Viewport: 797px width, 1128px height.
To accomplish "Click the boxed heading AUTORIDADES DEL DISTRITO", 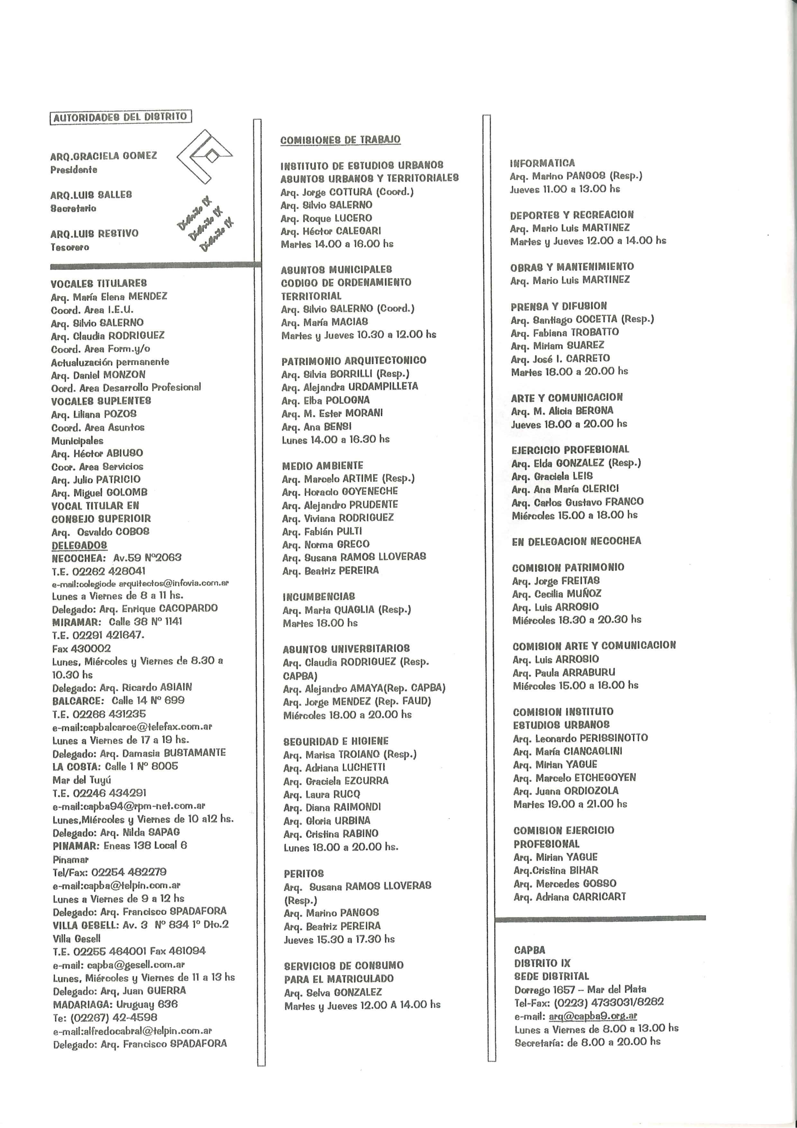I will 120,117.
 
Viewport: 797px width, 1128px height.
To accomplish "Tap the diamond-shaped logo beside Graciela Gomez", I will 205,156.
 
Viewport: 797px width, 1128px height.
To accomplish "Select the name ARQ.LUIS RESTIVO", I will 94,233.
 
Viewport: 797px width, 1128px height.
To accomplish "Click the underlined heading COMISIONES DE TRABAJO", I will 340,140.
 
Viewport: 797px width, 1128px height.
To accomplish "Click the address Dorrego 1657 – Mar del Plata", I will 580,989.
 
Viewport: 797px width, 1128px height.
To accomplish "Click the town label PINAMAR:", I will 76,845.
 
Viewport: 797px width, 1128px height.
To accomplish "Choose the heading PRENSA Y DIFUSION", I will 558,306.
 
